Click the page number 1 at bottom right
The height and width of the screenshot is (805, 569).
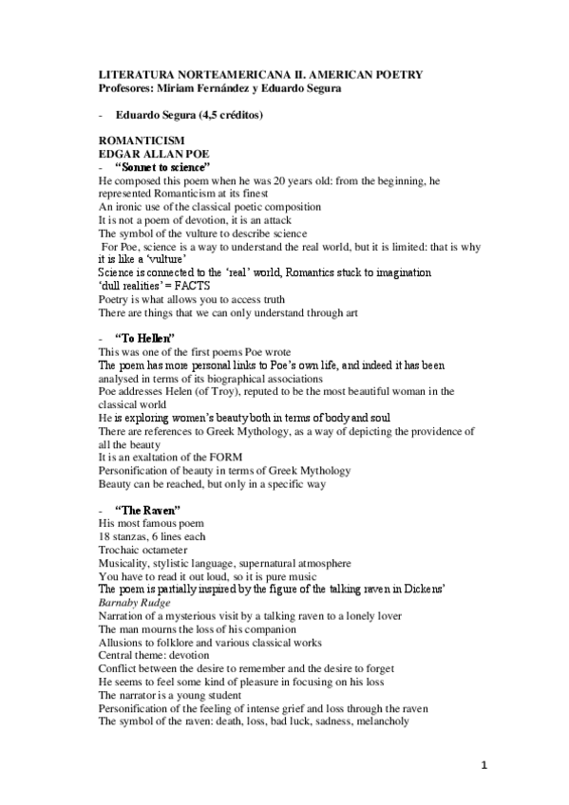pyautogui.click(x=483, y=766)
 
